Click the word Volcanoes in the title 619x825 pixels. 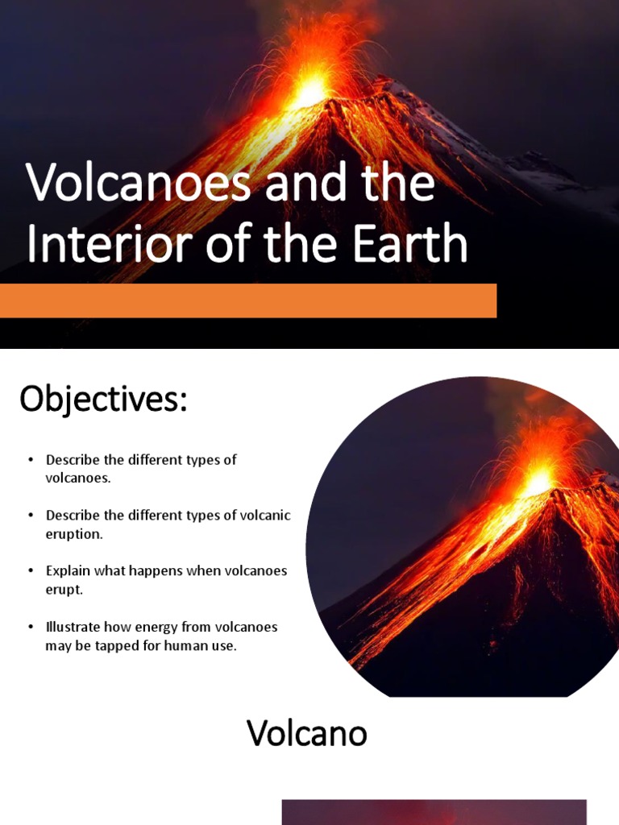pos(139,184)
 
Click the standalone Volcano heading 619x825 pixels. pos(306,733)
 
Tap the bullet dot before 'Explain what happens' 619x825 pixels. pos(31,570)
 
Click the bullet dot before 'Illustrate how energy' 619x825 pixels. pos(31,627)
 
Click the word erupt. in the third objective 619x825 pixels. pos(64,589)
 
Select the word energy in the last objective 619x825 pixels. pos(159,627)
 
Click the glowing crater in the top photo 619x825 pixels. pos(310,93)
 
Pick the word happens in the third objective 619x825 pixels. pos(153,570)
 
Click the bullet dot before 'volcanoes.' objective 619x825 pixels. pos(31,459)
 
